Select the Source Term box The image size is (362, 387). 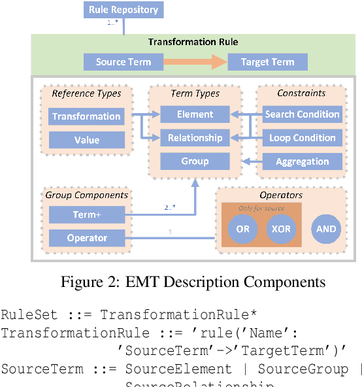[123, 62]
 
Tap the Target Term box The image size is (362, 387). [267, 62]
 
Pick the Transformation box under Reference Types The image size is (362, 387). [86, 116]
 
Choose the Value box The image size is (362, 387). [86, 140]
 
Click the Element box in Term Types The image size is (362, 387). [195, 114]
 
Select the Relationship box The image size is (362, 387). [195, 138]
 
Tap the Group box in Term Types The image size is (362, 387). [195, 161]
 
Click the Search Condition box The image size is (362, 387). [302, 114]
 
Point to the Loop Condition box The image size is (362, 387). [302, 138]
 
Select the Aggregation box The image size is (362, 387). [302, 161]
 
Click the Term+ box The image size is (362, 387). [86, 214]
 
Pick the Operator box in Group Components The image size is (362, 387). [86, 238]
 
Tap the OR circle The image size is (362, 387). [243, 229]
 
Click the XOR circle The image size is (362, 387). [282, 229]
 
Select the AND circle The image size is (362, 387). [326, 229]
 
